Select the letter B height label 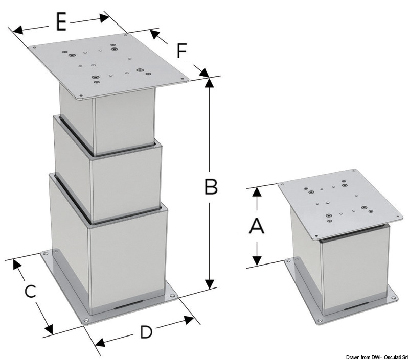(211, 187)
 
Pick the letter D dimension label (146, 332)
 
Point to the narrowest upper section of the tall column (107, 120)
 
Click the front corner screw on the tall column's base (87, 320)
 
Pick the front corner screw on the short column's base (320, 321)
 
